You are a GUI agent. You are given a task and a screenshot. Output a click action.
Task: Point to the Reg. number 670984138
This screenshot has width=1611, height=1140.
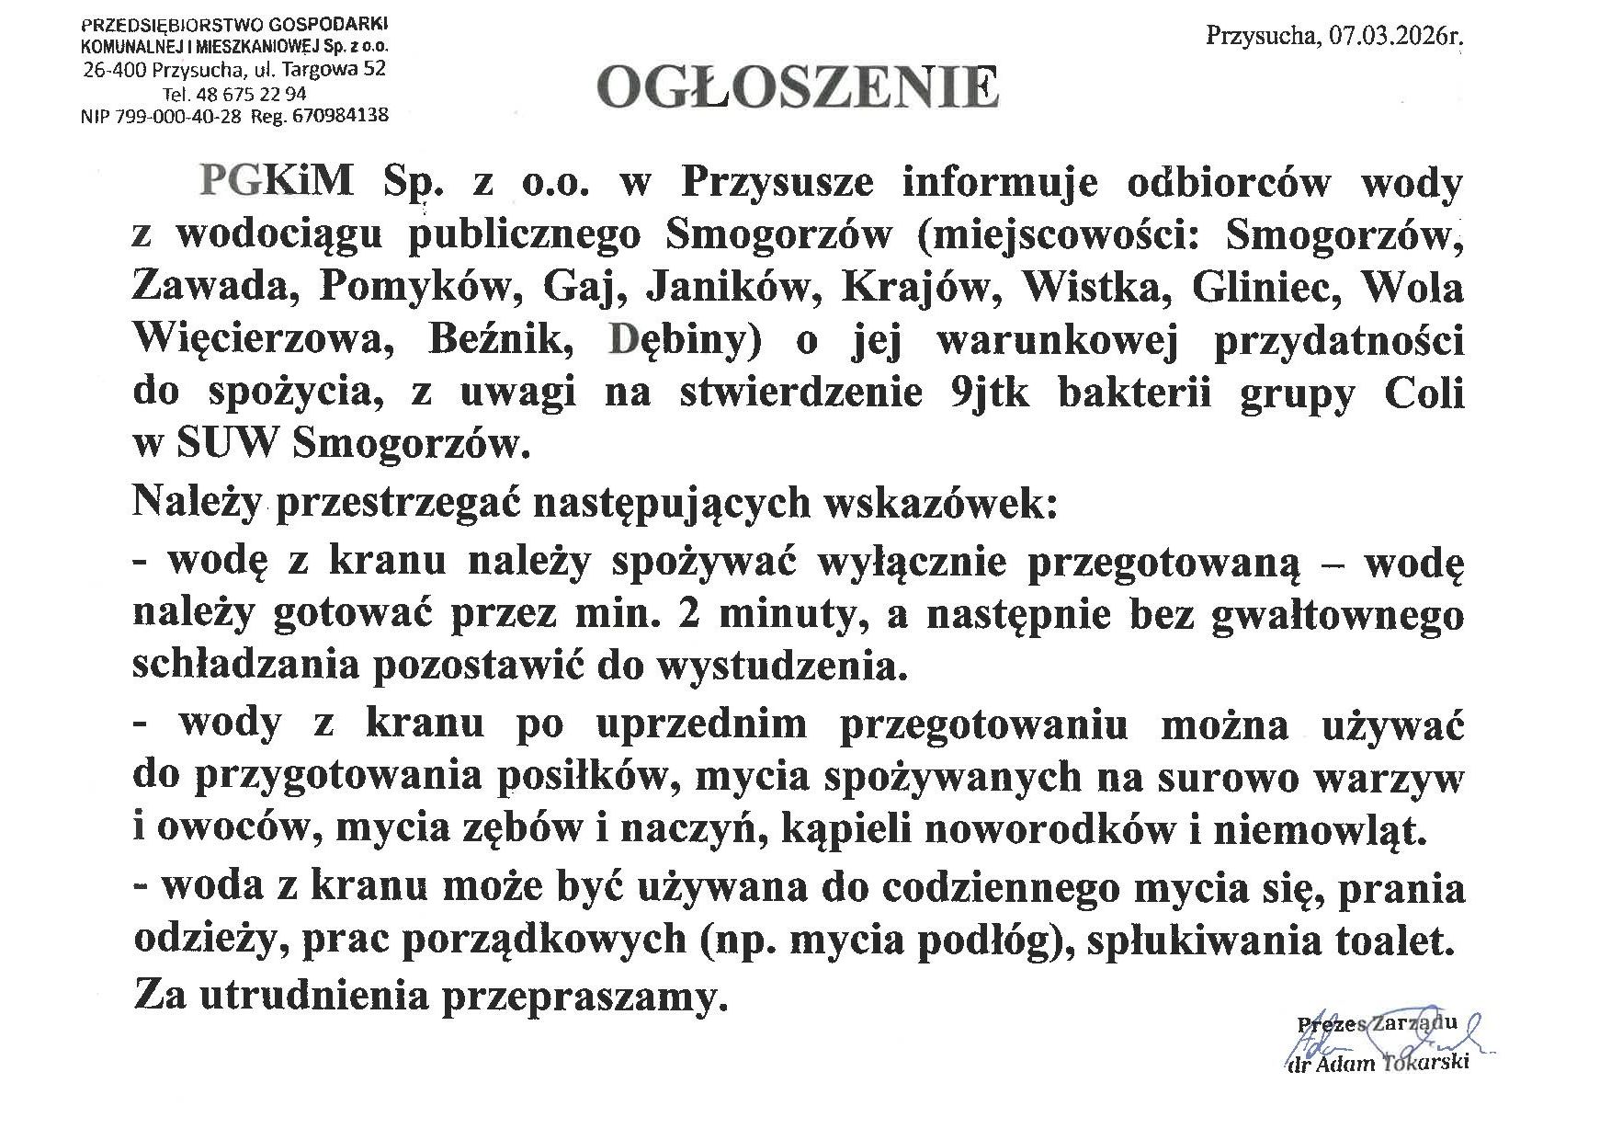click(x=338, y=116)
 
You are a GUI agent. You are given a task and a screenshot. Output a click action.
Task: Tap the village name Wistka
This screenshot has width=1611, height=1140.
click(x=1097, y=288)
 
